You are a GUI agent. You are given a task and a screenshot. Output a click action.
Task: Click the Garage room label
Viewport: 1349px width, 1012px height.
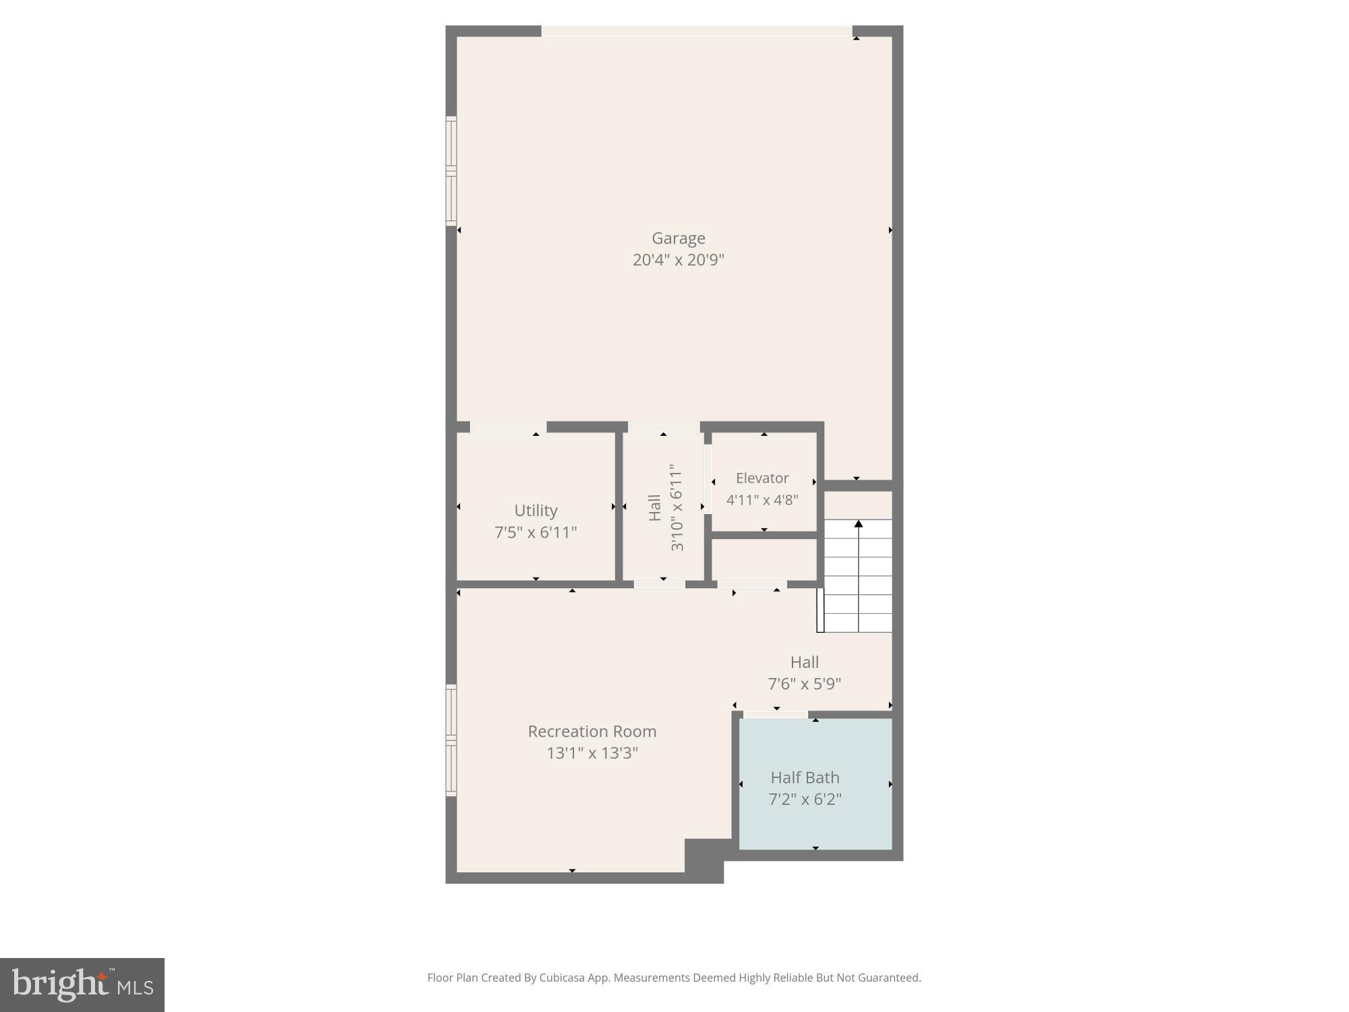[x=678, y=238]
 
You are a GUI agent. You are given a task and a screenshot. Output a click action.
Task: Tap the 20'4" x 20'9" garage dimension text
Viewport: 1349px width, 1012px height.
[x=678, y=260]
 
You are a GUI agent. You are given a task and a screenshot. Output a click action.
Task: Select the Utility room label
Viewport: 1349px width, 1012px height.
[x=536, y=510]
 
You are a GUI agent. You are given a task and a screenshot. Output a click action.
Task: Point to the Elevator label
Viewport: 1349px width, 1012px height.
[x=762, y=478]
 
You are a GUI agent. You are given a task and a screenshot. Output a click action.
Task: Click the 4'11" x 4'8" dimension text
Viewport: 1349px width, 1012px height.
[x=762, y=500]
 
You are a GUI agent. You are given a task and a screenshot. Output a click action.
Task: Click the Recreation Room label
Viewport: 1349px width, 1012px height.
[x=592, y=731]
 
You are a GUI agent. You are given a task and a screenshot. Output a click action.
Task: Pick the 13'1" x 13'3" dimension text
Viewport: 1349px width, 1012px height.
[x=592, y=753]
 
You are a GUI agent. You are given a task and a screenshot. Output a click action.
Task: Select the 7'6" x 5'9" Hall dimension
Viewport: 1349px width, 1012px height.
[x=804, y=684]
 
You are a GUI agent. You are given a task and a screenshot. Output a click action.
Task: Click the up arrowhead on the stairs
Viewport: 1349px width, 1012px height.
[x=858, y=524]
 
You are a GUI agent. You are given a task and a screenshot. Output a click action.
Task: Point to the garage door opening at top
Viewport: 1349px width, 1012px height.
[x=696, y=31]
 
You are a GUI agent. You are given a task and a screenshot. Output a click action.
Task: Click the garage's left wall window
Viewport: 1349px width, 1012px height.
[x=451, y=170]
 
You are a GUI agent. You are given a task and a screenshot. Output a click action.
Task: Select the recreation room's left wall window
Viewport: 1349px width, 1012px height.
[x=451, y=740]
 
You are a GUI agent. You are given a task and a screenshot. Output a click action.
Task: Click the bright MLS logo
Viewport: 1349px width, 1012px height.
[x=82, y=984]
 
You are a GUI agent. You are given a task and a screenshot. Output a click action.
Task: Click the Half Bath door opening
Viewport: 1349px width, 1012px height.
[x=775, y=714]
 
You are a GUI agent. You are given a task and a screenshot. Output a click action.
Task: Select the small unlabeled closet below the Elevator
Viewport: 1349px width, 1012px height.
[x=764, y=559]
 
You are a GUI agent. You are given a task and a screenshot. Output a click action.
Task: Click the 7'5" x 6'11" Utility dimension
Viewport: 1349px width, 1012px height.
[x=536, y=532]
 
